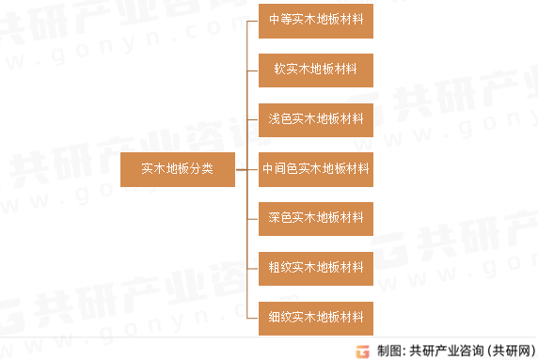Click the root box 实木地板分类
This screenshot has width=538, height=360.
tap(177, 169)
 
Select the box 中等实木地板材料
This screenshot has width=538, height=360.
tap(316, 21)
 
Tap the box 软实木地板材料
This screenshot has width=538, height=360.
tap(316, 70)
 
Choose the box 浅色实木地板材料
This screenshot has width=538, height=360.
tap(316, 119)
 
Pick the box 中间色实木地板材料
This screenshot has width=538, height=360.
tap(316, 169)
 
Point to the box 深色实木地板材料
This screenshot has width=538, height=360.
tap(316, 218)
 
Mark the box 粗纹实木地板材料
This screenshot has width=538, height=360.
tap(316, 268)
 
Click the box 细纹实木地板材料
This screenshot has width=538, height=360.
tap(316, 317)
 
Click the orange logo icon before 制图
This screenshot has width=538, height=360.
tap(362, 351)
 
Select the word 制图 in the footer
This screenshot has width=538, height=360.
tap(388, 351)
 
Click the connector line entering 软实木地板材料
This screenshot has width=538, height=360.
tap(252, 70)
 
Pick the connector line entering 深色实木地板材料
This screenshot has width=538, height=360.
tap(252, 218)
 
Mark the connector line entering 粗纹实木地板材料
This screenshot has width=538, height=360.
tap(252, 268)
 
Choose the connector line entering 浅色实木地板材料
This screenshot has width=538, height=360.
tap(252, 119)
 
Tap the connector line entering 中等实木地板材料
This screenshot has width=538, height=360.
tap(252, 21)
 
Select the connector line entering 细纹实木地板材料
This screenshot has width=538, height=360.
tap(252, 317)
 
